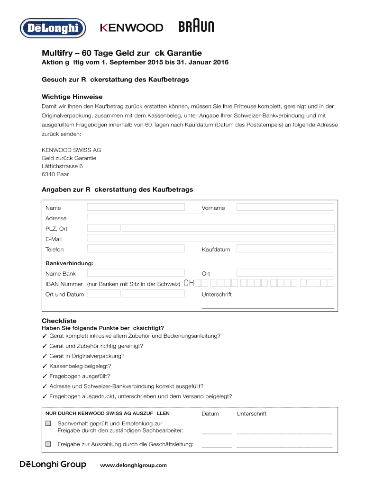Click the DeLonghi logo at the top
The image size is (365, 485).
point(53,28)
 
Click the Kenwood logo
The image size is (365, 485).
point(131,28)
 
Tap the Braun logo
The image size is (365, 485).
point(196,27)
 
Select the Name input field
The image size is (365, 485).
point(136,207)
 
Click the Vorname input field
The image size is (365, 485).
point(285,207)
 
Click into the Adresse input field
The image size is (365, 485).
point(210,218)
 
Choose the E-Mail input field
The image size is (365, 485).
point(210,239)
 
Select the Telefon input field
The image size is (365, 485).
point(136,249)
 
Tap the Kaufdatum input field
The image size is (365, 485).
point(285,249)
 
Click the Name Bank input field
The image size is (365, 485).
point(136,273)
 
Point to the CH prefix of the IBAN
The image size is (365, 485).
point(189,284)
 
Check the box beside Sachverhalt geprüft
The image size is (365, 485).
point(48,423)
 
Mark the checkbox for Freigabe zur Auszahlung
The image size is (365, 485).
point(48,444)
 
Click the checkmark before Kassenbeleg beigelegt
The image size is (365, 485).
point(45,367)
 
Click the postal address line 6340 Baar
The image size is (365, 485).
point(55,174)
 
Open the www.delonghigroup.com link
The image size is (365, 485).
point(134,465)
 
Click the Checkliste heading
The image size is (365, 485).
point(59,321)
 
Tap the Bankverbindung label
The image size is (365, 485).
point(69,263)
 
